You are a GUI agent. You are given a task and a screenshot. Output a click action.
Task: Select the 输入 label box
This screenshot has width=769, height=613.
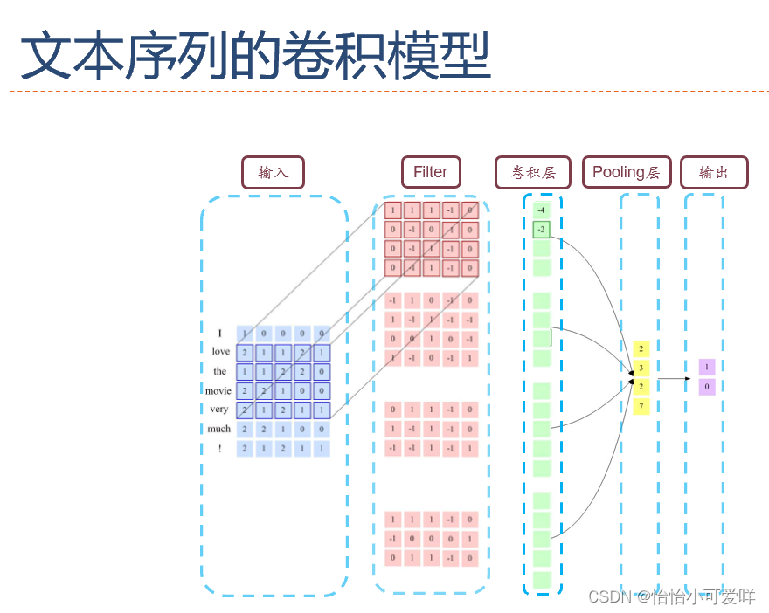[x=273, y=172]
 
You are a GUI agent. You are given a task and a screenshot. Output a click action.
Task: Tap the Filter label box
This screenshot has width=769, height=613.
[x=430, y=172]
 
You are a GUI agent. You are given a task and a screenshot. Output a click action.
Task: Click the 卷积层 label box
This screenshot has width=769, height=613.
[x=532, y=172]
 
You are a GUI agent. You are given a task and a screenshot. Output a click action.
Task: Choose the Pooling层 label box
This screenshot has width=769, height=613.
[x=627, y=172]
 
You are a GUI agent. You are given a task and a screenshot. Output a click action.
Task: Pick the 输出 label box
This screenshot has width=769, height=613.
[x=714, y=172]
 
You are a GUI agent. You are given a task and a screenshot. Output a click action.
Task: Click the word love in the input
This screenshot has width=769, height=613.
[x=220, y=352]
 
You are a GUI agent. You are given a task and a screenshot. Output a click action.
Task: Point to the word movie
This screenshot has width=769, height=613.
[x=218, y=390]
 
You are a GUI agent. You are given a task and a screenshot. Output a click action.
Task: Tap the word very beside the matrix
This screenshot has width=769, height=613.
[x=219, y=410]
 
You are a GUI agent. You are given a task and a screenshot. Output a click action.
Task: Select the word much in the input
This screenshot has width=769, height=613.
[x=219, y=429]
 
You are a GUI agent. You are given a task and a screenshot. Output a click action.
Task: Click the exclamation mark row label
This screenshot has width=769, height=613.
[x=220, y=449]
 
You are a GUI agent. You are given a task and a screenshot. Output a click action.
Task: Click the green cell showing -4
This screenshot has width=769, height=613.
[x=542, y=210]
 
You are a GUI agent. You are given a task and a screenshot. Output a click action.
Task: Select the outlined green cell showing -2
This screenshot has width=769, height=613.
[x=542, y=230]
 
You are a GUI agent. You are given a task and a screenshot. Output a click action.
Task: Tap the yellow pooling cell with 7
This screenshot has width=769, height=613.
[x=641, y=406]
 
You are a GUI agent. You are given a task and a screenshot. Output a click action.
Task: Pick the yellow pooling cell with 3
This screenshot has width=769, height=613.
[x=641, y=368]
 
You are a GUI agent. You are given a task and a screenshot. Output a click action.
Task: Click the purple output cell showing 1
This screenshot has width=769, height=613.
[x=707, y=368]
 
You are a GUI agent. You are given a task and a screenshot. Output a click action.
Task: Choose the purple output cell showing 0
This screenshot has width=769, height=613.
[x=707, y=386]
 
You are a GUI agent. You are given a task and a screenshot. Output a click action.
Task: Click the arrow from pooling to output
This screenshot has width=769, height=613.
[x=674, y=378]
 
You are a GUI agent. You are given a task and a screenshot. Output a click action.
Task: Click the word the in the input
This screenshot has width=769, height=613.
[x=220, y=371]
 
